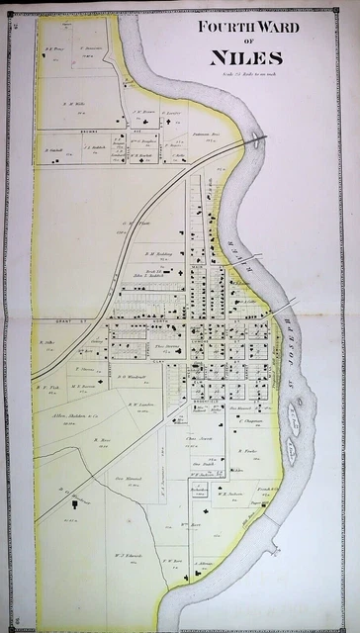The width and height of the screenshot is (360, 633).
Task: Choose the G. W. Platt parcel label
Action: click(135, 223)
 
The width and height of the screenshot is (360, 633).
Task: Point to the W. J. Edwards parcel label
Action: click(126, 556)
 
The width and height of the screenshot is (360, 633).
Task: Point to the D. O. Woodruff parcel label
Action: click(131, 377)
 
